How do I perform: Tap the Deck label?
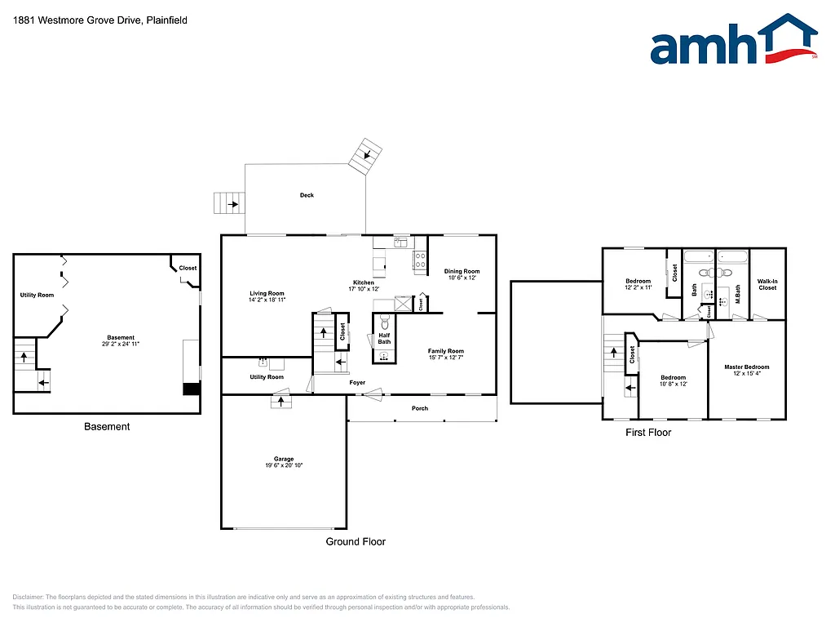[x=307, y=195]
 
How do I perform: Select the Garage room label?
[x=284, y=459]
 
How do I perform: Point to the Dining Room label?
[x=462, y=271]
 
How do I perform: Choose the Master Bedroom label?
[x=746, y=367]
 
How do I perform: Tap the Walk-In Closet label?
[x=767, y=285]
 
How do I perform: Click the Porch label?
[x=419, y=408]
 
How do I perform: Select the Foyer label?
[x=357, y=382]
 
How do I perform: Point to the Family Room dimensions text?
[x=445, y=358]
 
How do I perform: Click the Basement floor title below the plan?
[x=107, y=427]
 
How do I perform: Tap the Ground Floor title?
[x=356, y=541]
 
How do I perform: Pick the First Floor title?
[x=648, y=433]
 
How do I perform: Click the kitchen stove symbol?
[x=421, y=260]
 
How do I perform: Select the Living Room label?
[x=267, y=293]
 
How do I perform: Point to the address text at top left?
[x=100, y=20]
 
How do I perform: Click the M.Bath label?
[x=737, y=289]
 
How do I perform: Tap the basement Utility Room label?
[x=37, y=295]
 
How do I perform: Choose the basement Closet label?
[x=188, y=268]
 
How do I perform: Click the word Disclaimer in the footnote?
[x=29, y=597]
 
